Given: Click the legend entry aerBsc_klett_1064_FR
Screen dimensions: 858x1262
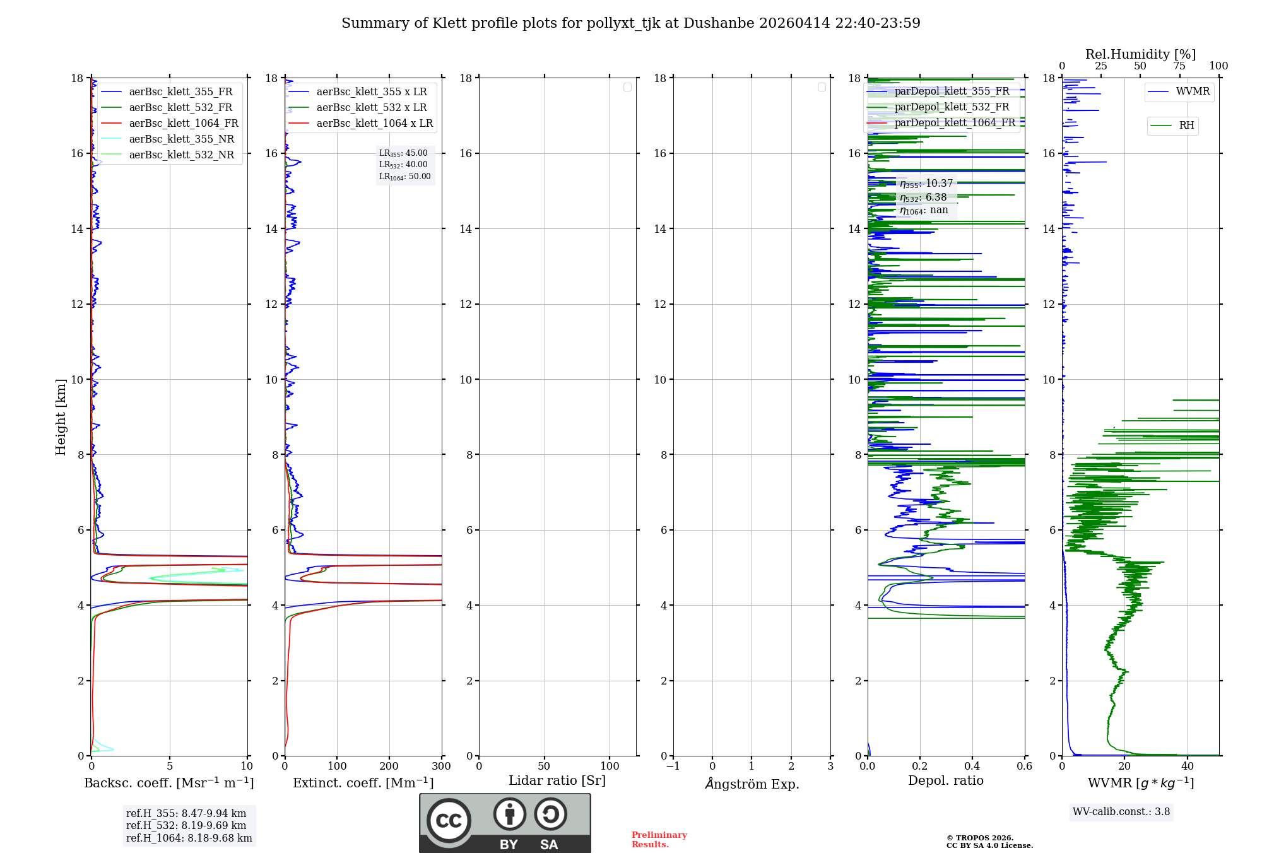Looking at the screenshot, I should click(x=184, y=124).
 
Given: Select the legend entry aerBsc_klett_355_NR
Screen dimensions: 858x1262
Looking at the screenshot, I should click(x=181, y=139).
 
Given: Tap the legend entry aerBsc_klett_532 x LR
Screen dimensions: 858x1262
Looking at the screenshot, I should click(x=372, y=108).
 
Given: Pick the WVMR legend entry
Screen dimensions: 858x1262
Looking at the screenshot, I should click(x=1193, y=91).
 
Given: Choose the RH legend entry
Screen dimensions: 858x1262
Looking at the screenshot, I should click(x=1186, y=126).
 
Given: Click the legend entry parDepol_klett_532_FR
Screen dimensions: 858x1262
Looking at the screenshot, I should click(x=952, y=107).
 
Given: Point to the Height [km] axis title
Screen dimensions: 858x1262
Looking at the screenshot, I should click(x=61, y=417).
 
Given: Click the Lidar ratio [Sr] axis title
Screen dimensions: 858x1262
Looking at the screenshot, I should click(x=557, y=781).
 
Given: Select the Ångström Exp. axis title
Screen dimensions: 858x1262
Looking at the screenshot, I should click(x=752, y=784).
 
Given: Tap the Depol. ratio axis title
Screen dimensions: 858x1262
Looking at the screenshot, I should click(x=945, y=781).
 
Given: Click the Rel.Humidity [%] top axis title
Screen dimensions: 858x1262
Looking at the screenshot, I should click(x=1140, y=54).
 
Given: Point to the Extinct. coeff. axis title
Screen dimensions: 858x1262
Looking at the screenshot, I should click(x=363, y=784).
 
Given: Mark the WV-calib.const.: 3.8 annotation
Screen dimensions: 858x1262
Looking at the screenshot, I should click(x=1121, y=812).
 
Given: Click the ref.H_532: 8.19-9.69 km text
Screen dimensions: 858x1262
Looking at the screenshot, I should click(x=186, y=826).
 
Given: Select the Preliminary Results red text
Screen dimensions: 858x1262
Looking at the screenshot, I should click(x=659, y=840).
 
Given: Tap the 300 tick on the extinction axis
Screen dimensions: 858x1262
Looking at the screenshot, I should click(x=441, y=767).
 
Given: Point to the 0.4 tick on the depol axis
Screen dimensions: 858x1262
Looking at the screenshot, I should click(x=972, y=767).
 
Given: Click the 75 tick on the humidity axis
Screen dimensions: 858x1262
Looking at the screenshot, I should click(x=1179, y=66).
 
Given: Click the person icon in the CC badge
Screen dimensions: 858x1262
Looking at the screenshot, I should click(x=509, y=814).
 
